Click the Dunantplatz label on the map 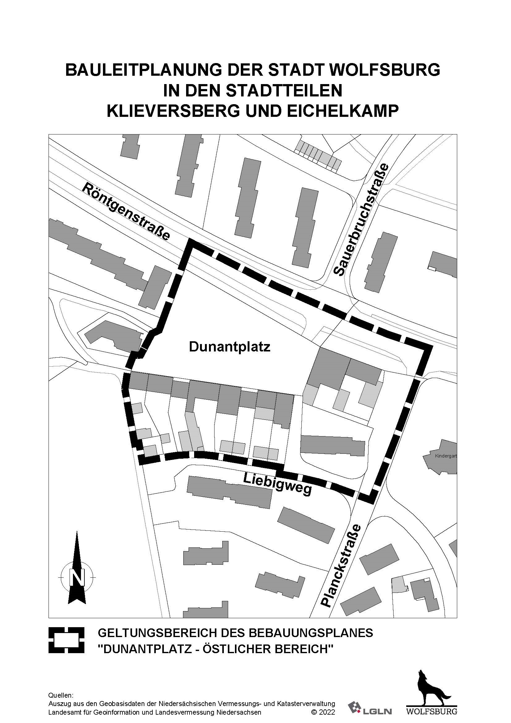click(x=229, y=347)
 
